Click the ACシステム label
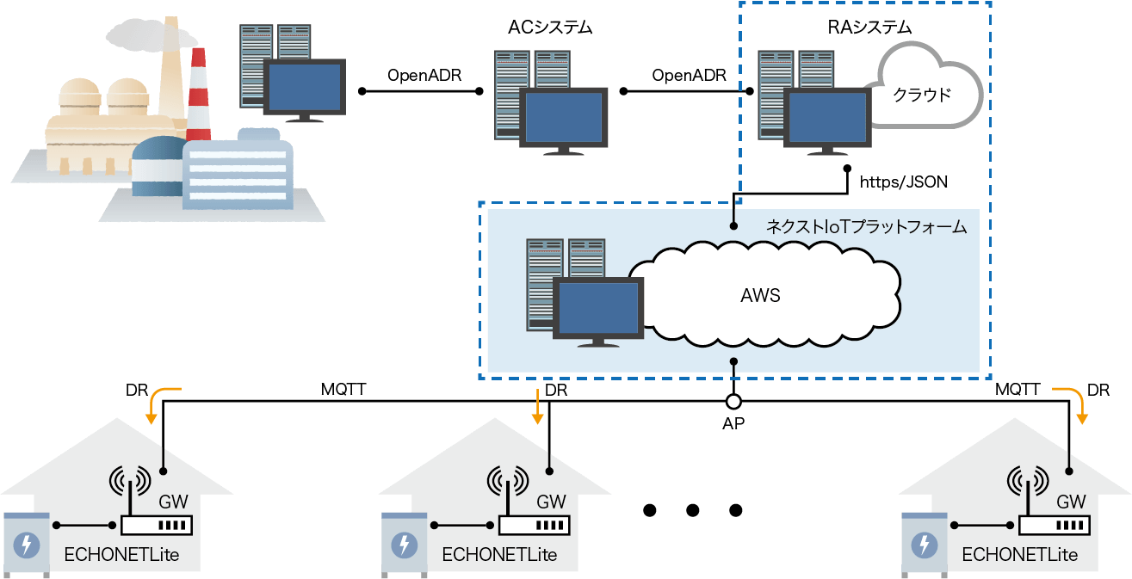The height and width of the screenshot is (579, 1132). click(x=551, y=29)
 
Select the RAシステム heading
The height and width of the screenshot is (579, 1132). click(x=863, y=28)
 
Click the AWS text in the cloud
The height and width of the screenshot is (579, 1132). click(x=760, y=296)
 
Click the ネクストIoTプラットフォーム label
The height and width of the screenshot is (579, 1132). click(x=866, y=227)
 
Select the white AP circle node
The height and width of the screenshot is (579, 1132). click(x=733, y=402)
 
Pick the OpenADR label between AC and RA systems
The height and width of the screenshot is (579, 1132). click(x=689, y=75)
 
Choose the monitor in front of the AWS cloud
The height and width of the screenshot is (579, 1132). click(x=597, y=310)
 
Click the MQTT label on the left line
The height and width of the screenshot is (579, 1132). click(x=343, y=390)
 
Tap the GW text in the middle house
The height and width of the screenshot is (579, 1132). click(x=551, y=502)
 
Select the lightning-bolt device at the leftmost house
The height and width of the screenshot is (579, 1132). click(x=27, y=544)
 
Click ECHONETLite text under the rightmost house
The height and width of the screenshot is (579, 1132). click(x=1020, y=555)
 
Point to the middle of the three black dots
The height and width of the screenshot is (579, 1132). click(x=693, y=510)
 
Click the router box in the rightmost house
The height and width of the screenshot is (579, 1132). click(x=1055, y=524)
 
